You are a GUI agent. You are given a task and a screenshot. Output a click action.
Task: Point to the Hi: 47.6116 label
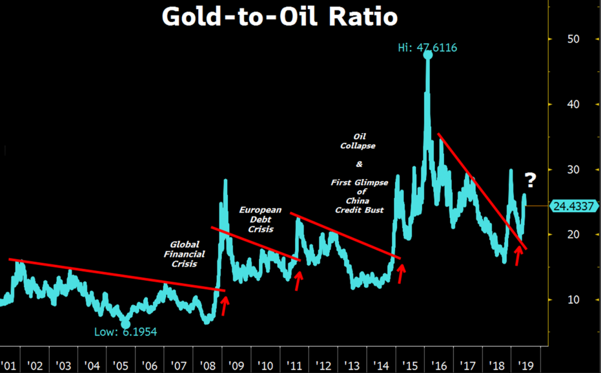[427, 48]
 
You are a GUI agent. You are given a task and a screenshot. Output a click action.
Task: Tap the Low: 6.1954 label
[126, 331]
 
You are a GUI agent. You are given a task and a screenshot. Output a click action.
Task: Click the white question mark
[530, 179]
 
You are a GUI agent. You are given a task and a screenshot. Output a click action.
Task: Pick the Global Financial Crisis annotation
[184, 254]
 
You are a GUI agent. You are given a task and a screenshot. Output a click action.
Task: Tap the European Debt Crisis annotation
[260, 220]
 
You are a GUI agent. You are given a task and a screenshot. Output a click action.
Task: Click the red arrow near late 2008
[224, 306]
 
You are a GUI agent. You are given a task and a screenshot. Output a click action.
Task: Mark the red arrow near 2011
[298, 280]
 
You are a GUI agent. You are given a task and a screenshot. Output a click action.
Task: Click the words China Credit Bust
[359, 206]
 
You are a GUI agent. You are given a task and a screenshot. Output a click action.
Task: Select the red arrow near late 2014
[400, 274]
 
